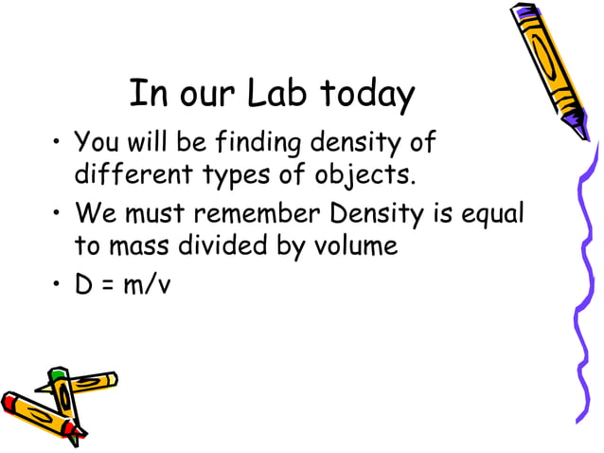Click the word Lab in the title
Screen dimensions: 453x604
tap(278, 95)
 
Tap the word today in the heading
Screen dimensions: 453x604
tap(367, 95)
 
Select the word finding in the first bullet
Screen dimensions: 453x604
tap(251, 144)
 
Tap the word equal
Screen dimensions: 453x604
tap(494, 214)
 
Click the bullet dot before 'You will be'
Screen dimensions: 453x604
tap(58, 145)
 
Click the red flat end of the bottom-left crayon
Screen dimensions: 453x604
tap(10, 404)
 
